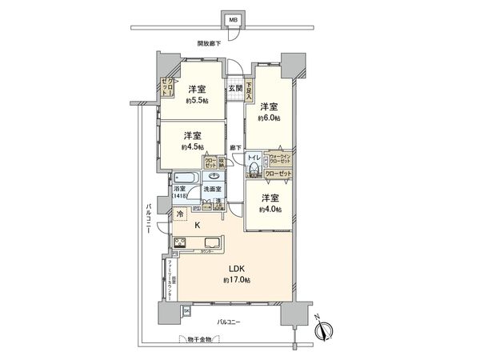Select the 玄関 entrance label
(235, 88)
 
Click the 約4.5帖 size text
(192, 146)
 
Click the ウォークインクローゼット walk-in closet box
(279, 158)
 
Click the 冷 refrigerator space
(181, 214)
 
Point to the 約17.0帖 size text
(238, 280)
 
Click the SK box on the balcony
(186, 310)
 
